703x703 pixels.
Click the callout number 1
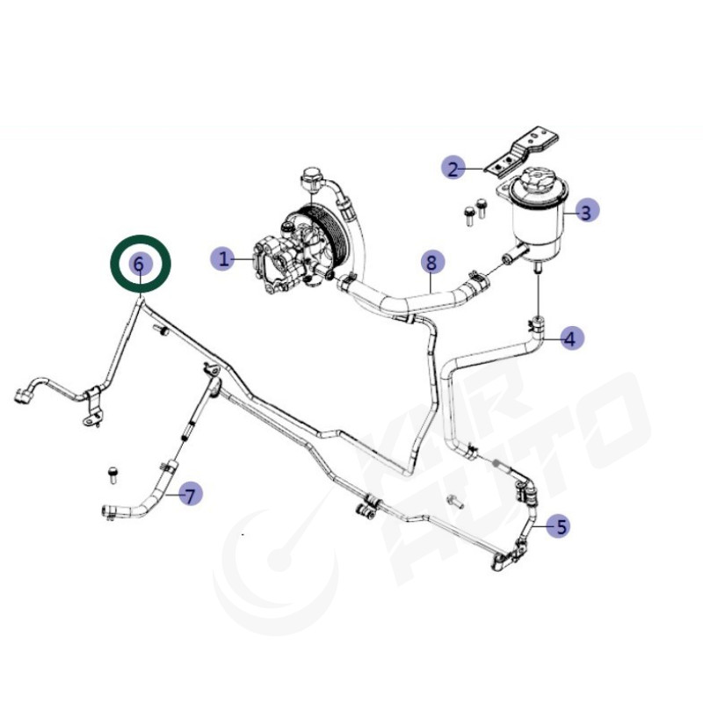click(223, 258)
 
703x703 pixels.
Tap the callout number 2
click(453, 168)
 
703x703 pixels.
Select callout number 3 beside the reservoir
click(585, 211)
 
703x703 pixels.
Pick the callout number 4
click(570, 338)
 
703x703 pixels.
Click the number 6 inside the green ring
click(140, 263)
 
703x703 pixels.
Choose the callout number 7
click(190, 495)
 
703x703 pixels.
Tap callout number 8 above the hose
click(431, 262)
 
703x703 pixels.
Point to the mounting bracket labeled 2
click(521, 152)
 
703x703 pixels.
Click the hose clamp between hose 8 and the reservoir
click(476, 279)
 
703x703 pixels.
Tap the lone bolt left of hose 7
click(112, 475)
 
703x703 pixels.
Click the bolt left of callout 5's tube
click(455, 501)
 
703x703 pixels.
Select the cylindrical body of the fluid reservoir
click(537, 224)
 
